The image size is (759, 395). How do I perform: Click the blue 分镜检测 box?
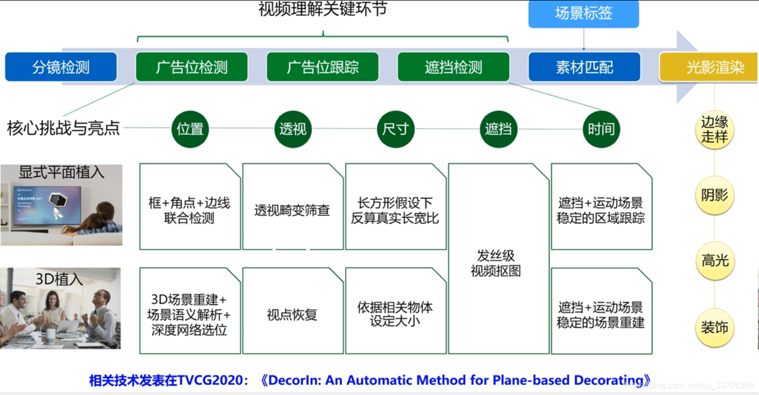[61, 67]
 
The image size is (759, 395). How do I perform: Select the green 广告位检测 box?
[192, 67]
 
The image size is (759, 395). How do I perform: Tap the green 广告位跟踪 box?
[322, 67]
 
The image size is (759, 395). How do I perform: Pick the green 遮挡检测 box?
[453, 67]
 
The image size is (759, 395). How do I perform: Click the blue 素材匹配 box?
[584, 67]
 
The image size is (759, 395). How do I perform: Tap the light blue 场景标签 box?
[583, 14]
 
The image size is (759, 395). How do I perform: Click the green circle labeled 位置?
[190, 129]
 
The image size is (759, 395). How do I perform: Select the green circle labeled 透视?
[293, 129]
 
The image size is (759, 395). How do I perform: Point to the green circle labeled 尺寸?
[395, 129]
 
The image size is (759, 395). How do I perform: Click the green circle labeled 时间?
[601, 129]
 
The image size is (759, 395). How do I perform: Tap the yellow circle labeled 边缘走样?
[715, 130]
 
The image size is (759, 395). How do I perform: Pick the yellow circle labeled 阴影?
[715, 196]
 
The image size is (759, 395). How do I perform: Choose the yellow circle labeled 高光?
[715, 261]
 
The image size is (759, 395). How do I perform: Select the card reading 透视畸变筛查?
[292, 210]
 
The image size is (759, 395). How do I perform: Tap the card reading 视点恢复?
[292, 315]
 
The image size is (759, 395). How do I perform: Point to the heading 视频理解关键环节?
[322, 10]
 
